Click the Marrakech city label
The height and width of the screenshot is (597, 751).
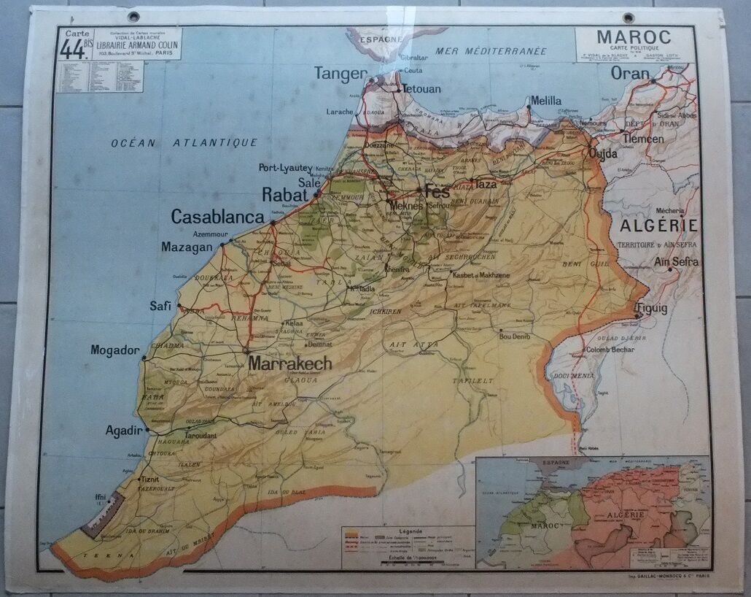coord(290,363)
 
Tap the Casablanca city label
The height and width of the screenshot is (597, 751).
coord(217,217)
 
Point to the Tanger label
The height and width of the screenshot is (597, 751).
coord(341,73)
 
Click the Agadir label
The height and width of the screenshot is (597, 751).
coord(123,431)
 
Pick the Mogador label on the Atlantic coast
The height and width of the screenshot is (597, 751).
coord(114,350)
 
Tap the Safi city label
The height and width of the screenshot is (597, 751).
coord(160,307)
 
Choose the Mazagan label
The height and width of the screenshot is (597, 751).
coord(187,247)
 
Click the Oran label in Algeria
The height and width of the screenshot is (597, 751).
coord(629,73)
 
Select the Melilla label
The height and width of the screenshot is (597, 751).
coord(546,101)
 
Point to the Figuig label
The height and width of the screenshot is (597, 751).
coord(651,309)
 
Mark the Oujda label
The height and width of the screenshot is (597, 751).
coord(603,154)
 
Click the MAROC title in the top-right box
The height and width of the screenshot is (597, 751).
coord(634,36)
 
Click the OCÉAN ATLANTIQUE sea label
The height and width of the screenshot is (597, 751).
coord(184,143)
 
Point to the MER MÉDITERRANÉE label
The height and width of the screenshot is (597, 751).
coord(491,51)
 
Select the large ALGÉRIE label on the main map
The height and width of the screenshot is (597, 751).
coord(658,225)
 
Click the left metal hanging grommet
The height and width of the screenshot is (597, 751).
coord(133,16)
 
